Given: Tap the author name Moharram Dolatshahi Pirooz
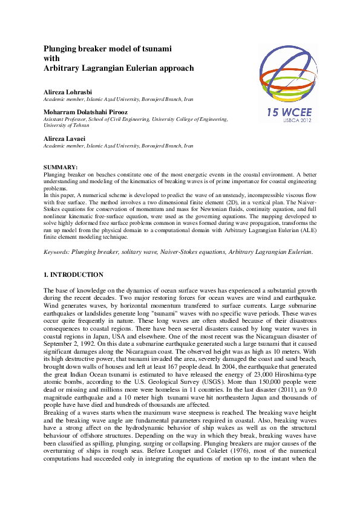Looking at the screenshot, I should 85,112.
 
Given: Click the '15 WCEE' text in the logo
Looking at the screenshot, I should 289,112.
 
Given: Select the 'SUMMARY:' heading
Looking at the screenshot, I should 61,166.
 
